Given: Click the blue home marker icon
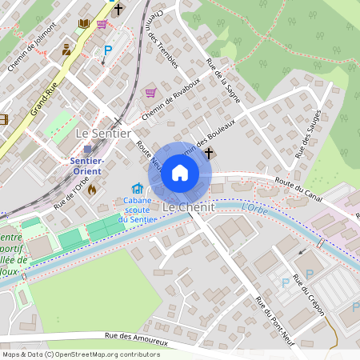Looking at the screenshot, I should coord(180,173).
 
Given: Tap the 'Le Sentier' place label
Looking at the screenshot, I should coord(102,134).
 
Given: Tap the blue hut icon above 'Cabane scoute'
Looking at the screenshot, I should coord(136,189).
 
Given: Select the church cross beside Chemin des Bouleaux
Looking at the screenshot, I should coord(210,152).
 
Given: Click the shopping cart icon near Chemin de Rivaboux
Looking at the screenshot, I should coord(150,94).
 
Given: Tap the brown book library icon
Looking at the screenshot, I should coord(83,24).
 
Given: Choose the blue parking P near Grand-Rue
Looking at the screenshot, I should coord(107,50).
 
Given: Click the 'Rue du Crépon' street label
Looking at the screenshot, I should coord(309,294).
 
